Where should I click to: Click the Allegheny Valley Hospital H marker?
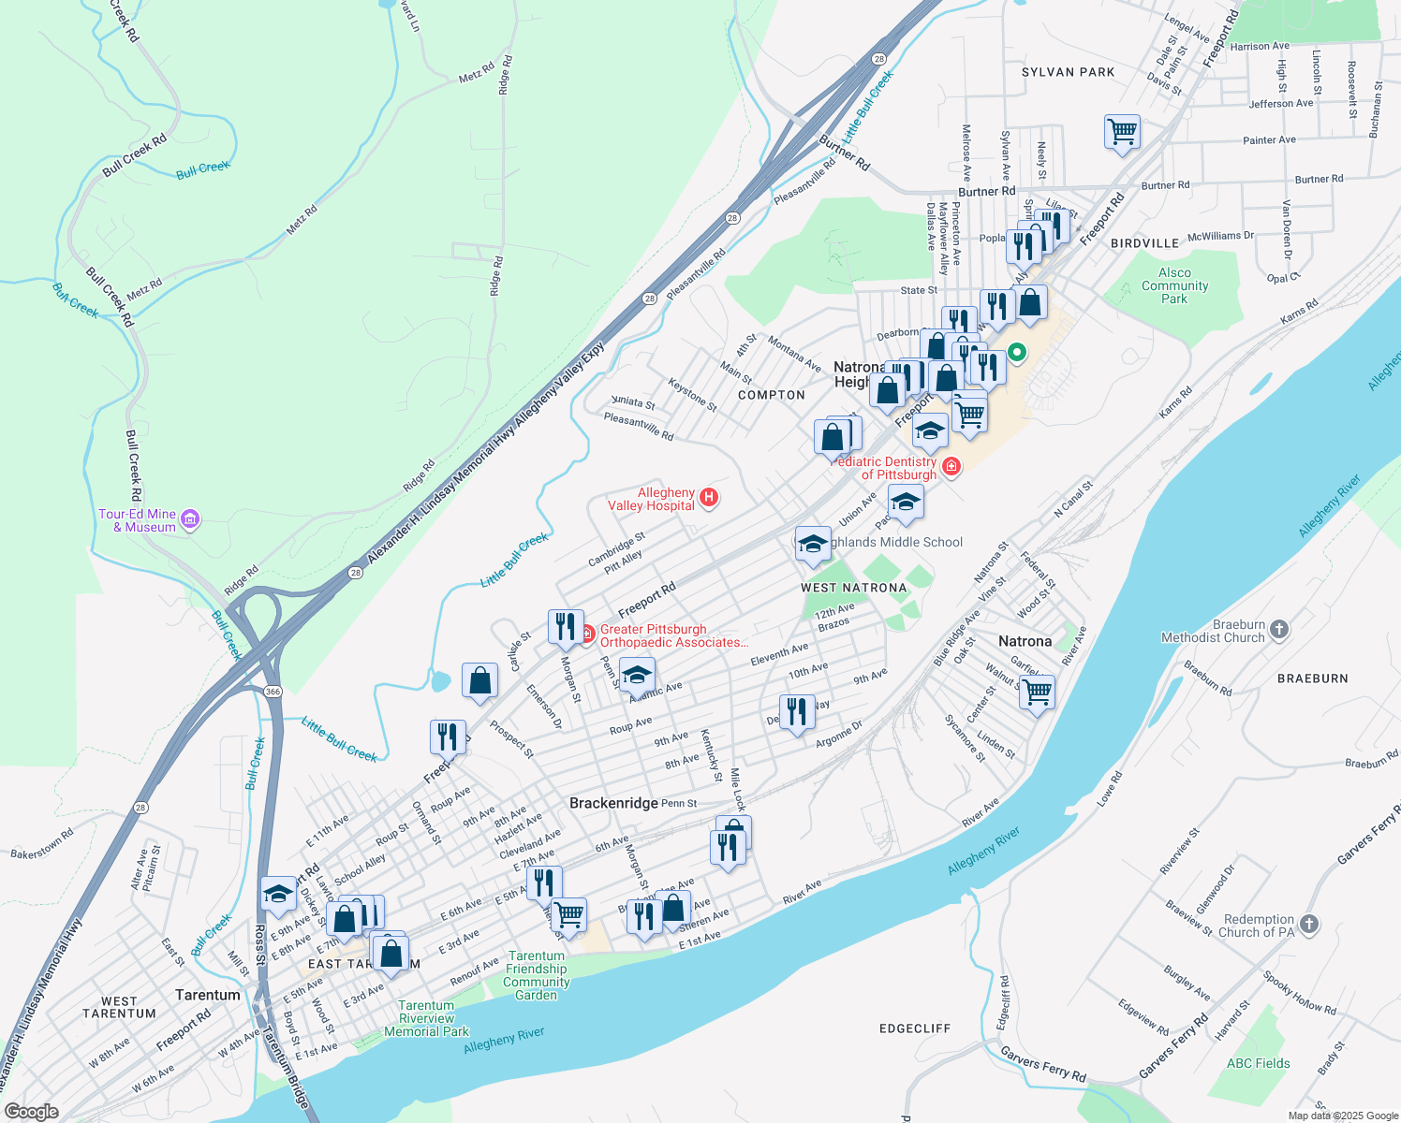[x=709, y=498]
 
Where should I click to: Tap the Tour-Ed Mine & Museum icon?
[x=190, y=519]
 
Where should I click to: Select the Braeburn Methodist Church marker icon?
[x=1279, y=630]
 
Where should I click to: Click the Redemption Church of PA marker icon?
[x=1309, y=925]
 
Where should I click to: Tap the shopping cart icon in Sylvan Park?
[x=1121, y=132]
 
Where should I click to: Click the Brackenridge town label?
[x=612, y=803]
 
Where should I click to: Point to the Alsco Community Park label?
[x=1174, y=286]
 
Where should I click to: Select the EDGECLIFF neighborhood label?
[x=914, y=1028]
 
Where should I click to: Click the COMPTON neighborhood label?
[x=771, y=395]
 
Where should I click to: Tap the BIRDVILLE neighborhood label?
[x=1144, y=243]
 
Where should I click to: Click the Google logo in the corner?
[x=31, y=1111]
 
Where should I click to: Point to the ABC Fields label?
[x=1258, y=1063]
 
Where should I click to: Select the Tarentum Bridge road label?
[x=285, y=1067]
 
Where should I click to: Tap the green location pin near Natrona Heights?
[x=1016, y=354]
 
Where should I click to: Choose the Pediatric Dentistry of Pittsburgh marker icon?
[x=951, y=466]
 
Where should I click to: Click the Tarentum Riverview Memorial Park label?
[x=426, y=1018]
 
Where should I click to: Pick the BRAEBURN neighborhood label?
[x=1312, y=678]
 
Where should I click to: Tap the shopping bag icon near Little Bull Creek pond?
[x=479, y=680]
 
